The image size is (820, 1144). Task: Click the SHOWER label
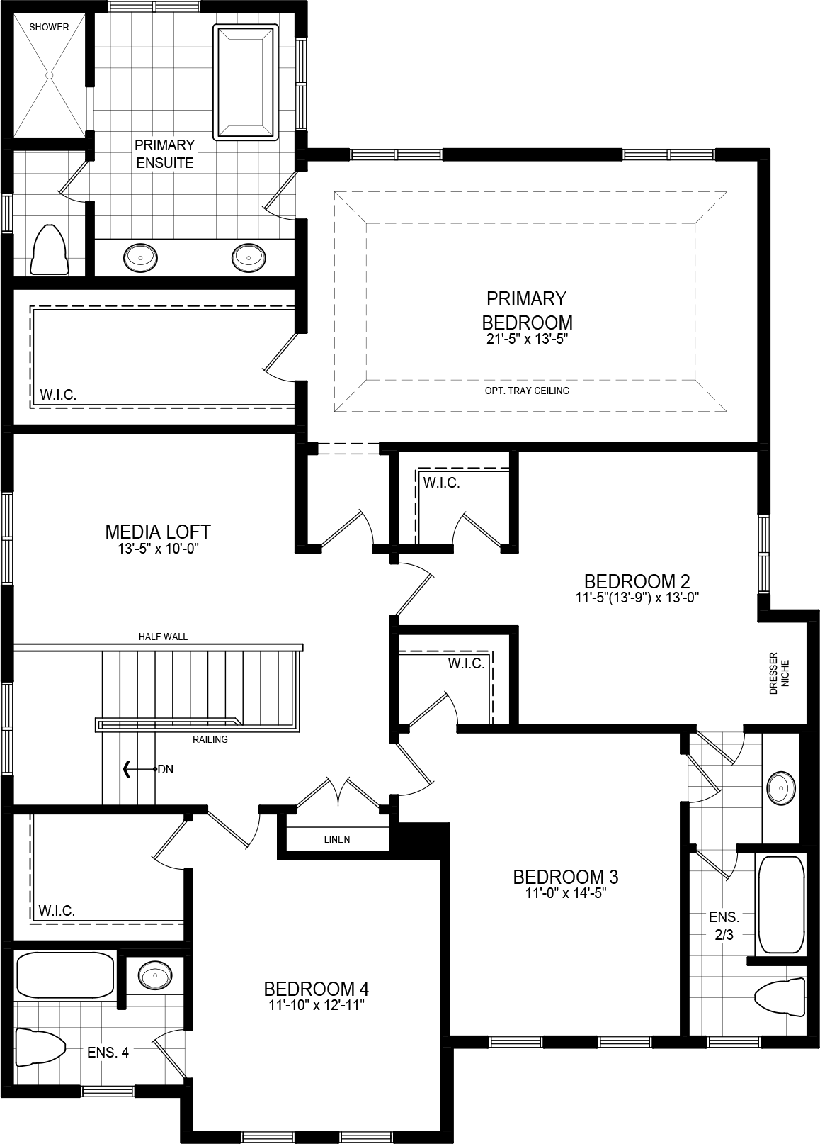[49, 27]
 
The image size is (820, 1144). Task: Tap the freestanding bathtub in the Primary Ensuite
[245, 82]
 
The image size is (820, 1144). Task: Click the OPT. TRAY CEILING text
[527, 391]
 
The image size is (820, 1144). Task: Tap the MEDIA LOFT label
[157, 531]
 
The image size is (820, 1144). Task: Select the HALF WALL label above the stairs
[163, 637]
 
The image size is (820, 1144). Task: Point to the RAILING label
[210, 739]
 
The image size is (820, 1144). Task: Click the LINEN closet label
[337, 839]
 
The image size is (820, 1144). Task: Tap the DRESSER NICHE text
[778, 673]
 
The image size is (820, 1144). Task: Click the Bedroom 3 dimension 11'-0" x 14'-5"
[565, 893]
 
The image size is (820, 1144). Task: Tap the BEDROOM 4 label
[316, 988]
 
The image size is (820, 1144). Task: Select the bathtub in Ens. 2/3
[780, 904]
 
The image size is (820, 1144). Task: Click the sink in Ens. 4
[152, 976]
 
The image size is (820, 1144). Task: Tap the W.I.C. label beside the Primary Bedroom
[58, 394]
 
